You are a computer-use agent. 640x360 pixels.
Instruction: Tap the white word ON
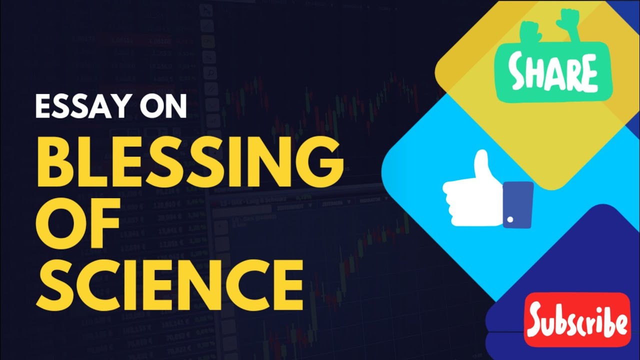point(164,106)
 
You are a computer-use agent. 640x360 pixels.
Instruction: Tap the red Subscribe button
point(577,320)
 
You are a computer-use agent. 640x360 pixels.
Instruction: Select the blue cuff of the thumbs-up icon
point(517,205)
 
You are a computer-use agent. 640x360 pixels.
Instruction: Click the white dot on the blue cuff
point(510,219)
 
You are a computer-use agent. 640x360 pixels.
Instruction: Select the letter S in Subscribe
point(539,319)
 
